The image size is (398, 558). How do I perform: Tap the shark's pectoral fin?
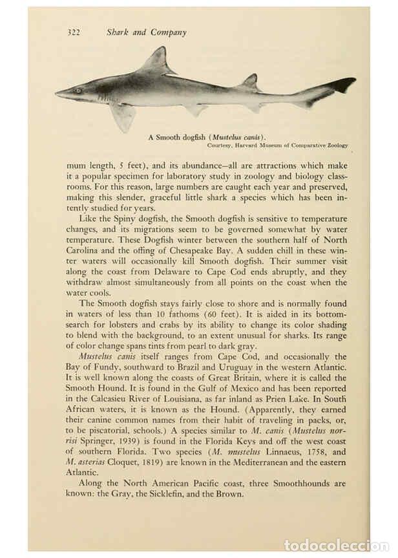tap(123, 116)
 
